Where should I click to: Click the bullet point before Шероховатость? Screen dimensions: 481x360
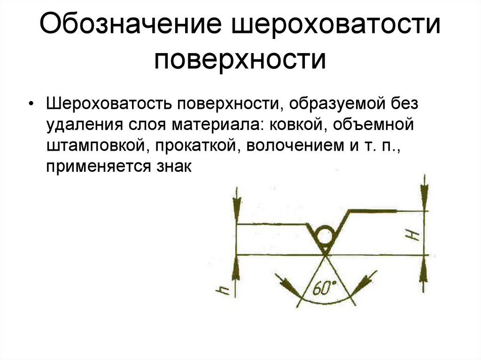31,104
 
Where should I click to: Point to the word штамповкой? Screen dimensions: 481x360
94,146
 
